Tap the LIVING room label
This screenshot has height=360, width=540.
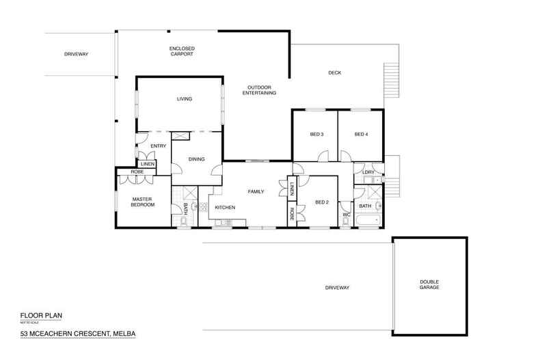185,100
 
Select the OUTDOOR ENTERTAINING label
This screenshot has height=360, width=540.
261,90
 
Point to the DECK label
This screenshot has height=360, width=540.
334,73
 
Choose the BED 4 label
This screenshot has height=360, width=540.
361,135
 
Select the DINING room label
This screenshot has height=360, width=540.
197,159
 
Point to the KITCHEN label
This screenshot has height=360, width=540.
226,207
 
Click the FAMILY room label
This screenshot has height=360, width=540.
256,192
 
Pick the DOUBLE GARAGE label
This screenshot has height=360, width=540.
429,284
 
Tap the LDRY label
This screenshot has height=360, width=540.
368,172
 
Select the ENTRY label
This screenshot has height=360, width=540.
159,145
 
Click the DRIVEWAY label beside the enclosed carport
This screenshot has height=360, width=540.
77,54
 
